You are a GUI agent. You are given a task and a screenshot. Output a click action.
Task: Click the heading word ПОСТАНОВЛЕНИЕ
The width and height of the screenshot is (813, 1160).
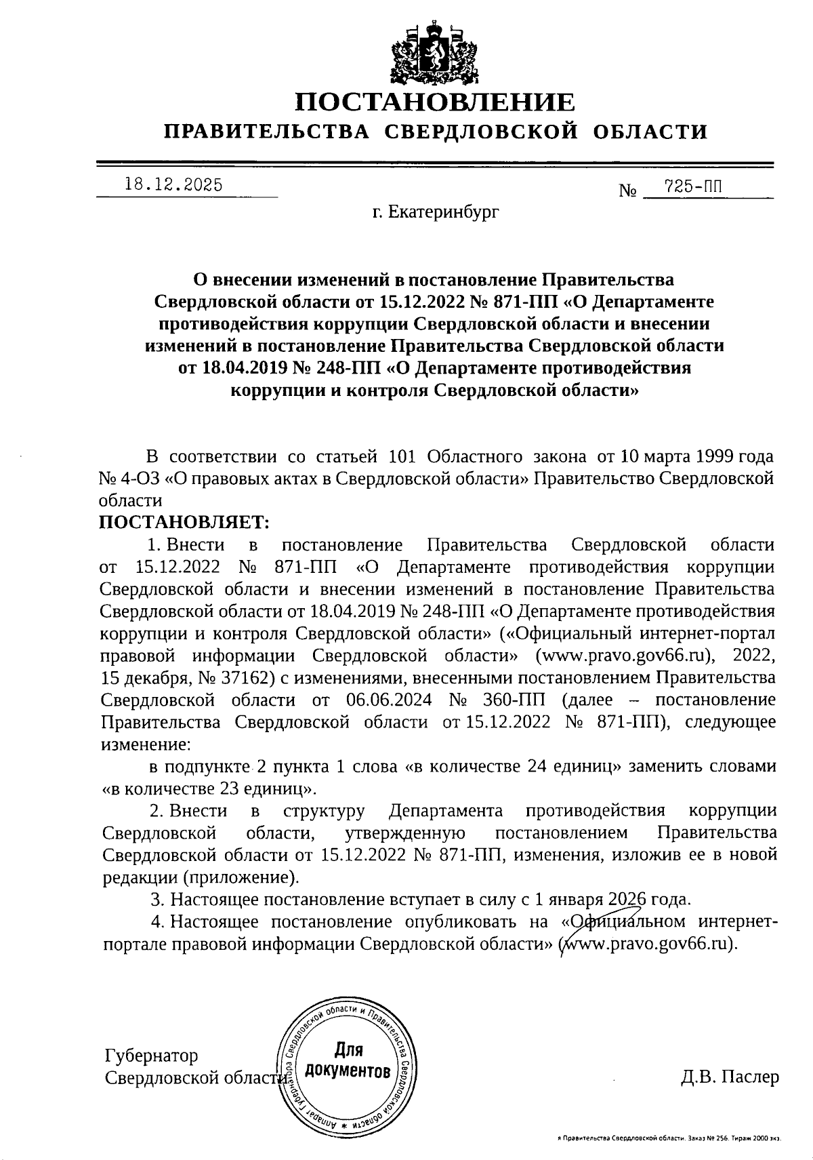[435, 102]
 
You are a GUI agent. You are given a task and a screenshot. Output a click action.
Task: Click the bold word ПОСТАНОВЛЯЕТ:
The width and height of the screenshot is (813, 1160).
[184, 522]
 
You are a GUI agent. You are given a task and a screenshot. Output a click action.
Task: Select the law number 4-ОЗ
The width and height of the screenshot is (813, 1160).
[142, 479]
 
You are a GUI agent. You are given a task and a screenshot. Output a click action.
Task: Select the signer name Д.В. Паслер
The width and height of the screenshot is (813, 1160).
[730, 1077]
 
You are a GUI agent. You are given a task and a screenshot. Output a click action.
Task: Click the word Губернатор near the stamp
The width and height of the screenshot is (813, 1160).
[152, 1056]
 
